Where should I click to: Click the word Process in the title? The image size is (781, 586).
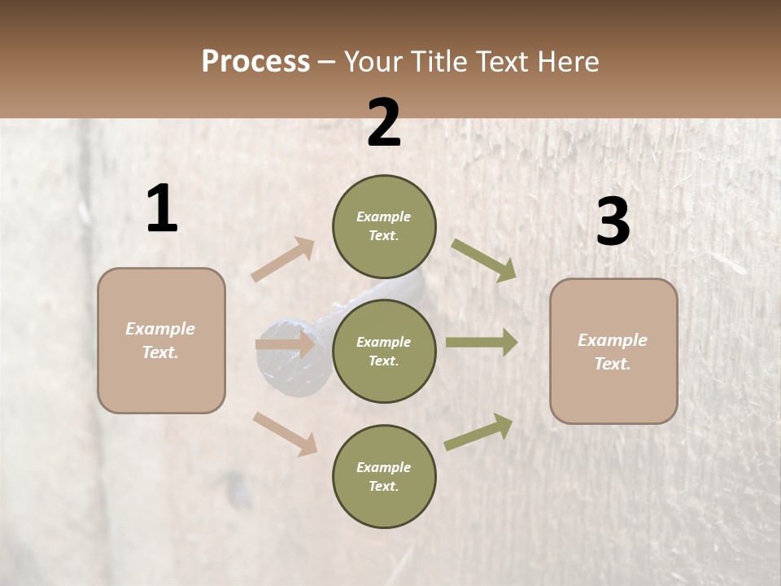[x=255, y=62]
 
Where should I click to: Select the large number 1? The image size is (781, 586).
[x=162, y=208]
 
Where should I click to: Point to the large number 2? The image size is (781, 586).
[x=384, y=123]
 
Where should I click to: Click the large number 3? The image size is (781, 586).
[x=613, y=222]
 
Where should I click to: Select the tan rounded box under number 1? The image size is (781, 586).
[x=161, y=340]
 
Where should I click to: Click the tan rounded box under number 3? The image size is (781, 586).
[x=613, y=352]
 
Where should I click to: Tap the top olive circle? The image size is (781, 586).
[x=384, y=226]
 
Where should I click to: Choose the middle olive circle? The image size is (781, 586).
[x=384, y=352]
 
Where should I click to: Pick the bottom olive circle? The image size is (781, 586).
[x=384, y=477]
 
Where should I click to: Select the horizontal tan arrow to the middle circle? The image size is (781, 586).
[x=285, y=344]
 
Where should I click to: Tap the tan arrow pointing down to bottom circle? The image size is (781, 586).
[x=286, y=433]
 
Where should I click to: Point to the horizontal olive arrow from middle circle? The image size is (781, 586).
[x=482, y=343]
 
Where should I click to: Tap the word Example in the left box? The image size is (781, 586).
[x=160, y=329]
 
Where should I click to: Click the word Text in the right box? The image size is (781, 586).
[x=612, y=364]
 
